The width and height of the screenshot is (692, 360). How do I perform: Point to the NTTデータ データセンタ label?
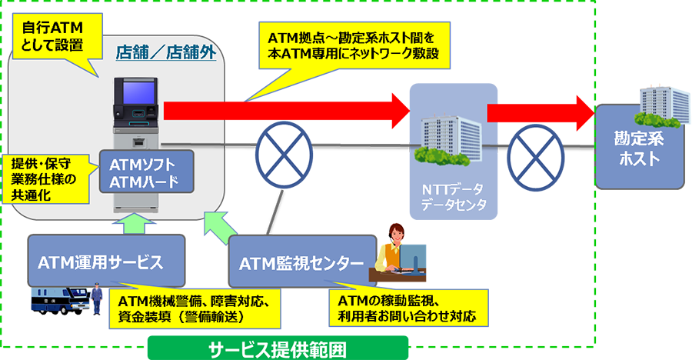click(x=453, y=197)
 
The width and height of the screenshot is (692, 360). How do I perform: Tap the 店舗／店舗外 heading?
click(x=165, y=52)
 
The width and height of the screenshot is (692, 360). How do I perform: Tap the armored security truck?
click(x=59, y=301)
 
